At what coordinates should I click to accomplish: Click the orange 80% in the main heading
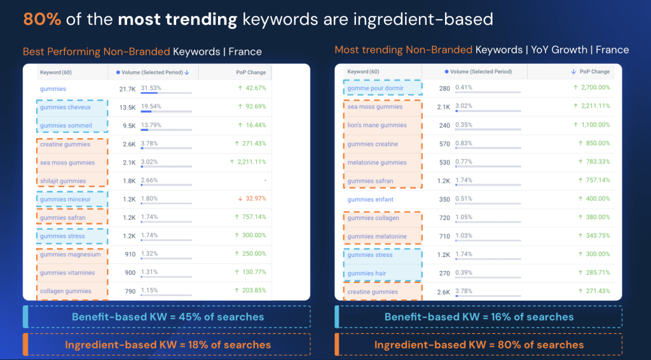[42, 19]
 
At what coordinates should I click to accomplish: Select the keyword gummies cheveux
[65, 107]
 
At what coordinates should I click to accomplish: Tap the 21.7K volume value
[127, 88]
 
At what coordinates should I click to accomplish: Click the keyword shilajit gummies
[62, 181]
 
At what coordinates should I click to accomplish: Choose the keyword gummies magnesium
[70, 254]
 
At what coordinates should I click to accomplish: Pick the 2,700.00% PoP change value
[591, 88]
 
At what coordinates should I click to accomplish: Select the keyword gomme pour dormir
[375, 88]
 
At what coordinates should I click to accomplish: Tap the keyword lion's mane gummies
[377, 125]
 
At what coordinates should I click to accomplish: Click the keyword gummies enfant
[370, 200]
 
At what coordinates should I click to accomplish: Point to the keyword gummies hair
[366, 273]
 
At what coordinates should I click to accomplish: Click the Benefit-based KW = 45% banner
[167, 316]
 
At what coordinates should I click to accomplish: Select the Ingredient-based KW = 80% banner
[479, 345]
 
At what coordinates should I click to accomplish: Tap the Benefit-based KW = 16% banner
[479, 316]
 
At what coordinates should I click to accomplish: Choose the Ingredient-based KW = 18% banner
[167, 345]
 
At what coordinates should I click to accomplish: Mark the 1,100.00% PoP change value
[591, 125]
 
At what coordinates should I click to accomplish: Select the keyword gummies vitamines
[67, 273]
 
